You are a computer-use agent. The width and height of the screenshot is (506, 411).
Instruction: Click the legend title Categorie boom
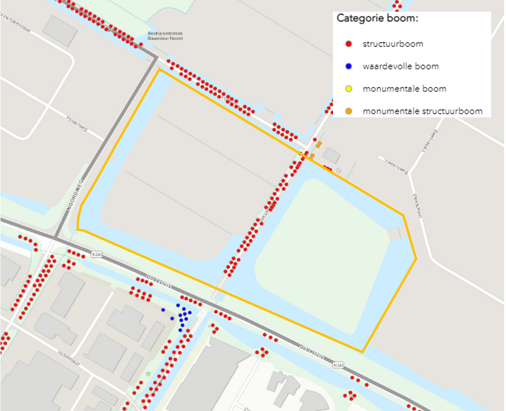(377, 19)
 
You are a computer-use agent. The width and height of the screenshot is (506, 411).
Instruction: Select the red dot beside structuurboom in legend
(348, 44)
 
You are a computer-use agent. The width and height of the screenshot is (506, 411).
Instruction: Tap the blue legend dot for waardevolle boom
(348, 67)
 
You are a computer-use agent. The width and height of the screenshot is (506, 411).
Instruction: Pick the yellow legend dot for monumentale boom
(348, 89)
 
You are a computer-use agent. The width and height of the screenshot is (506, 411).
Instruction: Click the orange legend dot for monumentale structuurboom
(348, 111)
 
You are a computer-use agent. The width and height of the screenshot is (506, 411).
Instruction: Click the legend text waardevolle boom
(400, 67)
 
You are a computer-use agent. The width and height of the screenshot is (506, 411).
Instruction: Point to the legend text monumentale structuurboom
(422, 111)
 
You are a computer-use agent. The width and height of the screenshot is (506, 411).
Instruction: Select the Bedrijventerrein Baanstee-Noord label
(165, 36)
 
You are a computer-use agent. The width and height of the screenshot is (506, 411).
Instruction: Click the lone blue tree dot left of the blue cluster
(163, 310)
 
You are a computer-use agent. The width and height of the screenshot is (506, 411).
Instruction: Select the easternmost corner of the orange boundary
(416, 257)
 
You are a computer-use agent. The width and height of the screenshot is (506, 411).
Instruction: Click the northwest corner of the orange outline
(160, 70)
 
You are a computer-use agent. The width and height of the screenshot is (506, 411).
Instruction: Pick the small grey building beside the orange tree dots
(332, 155)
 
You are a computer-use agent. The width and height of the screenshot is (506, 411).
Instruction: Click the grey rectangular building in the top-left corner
(60, 31)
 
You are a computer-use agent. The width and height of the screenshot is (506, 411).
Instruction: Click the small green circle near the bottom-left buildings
(148, 374)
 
